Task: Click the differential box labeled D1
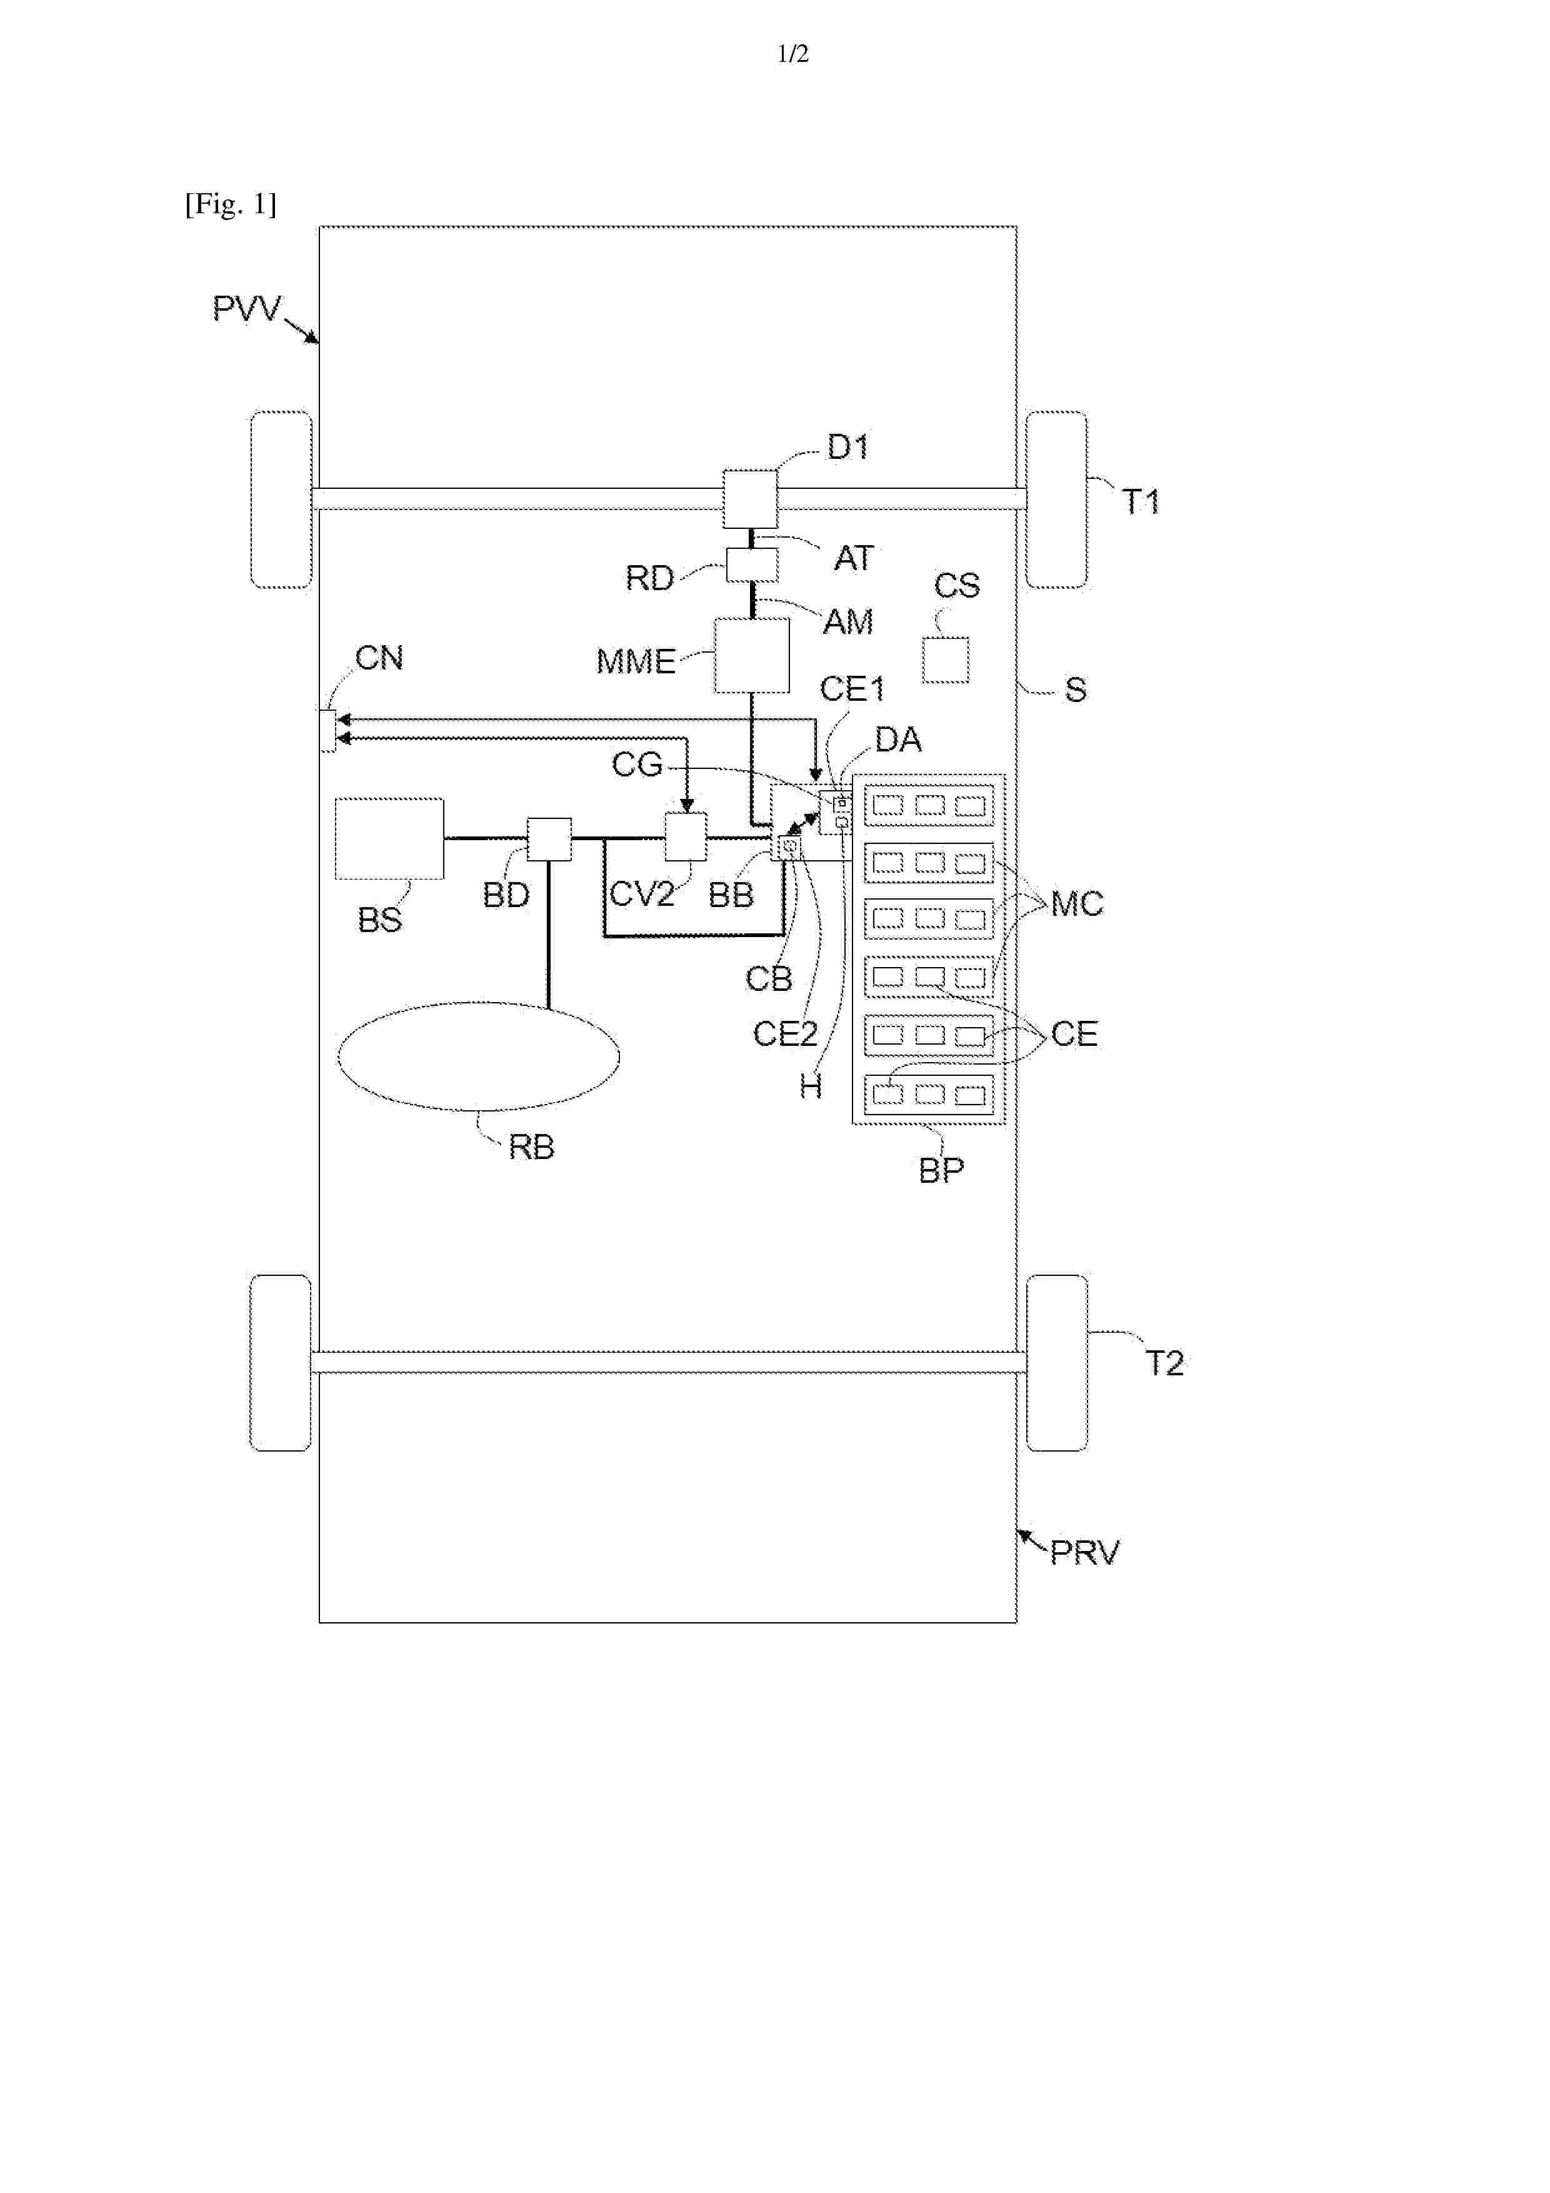coord(750,499)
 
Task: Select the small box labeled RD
coord(752,565)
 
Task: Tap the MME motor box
coord(752,655)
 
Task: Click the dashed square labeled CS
coord(946,660)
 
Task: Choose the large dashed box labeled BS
coord(389,838)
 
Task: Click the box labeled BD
coord(549,840)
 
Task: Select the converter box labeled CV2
coord(686,836)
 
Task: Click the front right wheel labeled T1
coord(1056,499)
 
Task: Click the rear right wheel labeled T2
coord(1056,1363)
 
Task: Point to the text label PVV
coord(246,309)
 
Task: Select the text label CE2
coord(785,1033)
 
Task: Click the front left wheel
coord(281,499)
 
